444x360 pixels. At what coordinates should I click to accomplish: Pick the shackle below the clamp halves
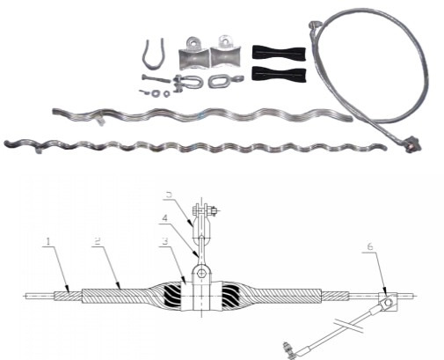tap(187, 84)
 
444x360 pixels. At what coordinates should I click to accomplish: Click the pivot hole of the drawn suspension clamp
tap(202, 274)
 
